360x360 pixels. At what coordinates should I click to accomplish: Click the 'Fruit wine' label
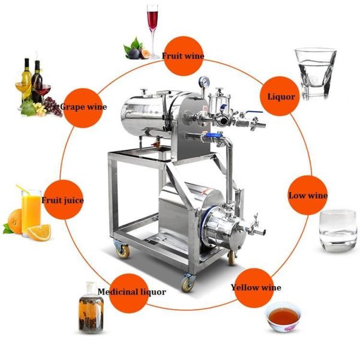tap(183, 56)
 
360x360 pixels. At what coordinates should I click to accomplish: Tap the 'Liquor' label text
tap(281, 97)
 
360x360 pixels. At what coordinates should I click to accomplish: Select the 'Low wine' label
tap(308, 196)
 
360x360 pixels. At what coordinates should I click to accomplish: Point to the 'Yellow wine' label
tap(256, 287)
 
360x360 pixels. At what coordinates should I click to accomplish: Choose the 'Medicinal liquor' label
tap(132, 292)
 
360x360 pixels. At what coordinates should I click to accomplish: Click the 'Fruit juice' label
tap(62, 200)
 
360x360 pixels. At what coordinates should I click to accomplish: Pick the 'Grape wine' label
tap(83, 107)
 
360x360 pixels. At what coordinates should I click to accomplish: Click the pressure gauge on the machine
tap(204, 82)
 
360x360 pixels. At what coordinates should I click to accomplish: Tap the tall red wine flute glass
tap(152, 31)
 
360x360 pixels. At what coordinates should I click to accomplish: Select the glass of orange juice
tap(31, 212)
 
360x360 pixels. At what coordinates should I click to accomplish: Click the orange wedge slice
tap(39, 232)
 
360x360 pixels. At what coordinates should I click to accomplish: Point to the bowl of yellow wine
tap(283, 317)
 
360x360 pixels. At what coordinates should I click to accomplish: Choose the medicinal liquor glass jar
tap(91, 308)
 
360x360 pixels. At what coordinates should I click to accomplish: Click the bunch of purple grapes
tap(53, 107)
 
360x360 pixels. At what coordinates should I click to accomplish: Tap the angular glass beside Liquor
tap(316, 73)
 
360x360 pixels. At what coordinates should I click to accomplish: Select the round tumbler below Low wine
tap(338, 231)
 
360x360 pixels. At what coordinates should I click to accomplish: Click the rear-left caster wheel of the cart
tap(122, 250)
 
